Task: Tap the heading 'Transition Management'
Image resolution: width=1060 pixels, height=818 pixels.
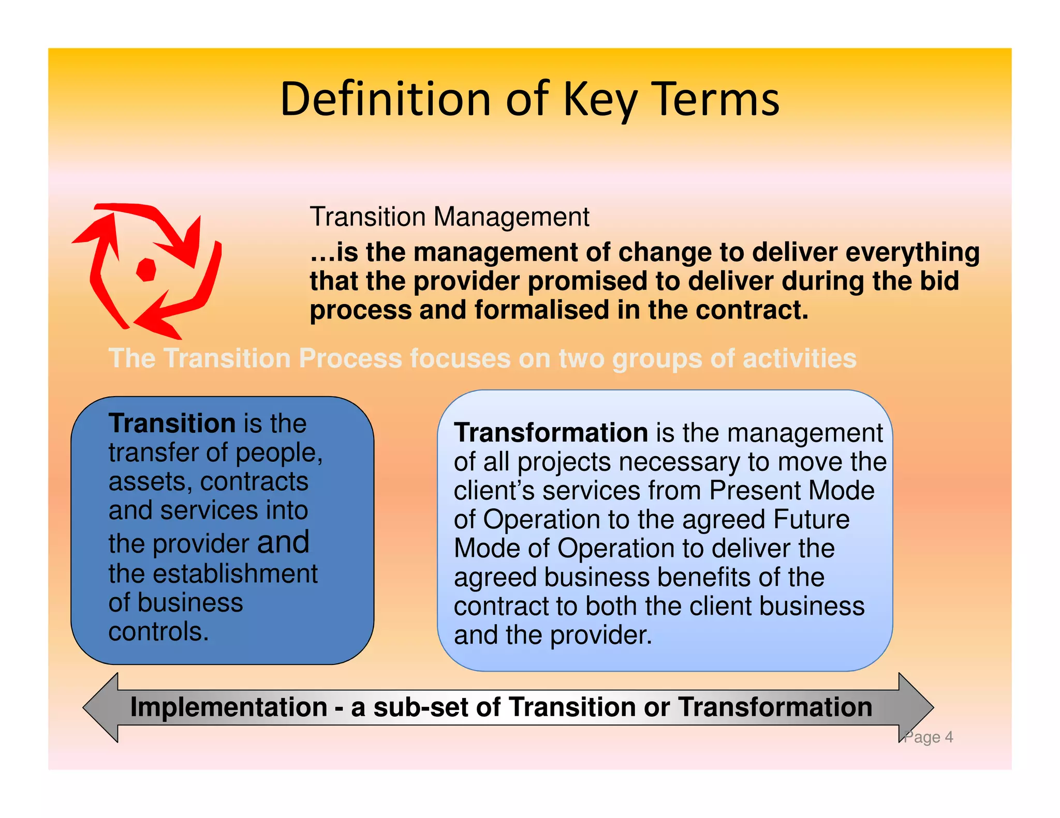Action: click(x=449, y=217)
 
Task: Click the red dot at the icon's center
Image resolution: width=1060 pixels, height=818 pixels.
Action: click(x=146, y=269)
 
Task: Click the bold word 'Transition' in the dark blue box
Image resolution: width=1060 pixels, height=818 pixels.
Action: click(x=172, y=423)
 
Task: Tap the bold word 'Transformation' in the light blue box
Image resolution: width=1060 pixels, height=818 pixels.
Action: click(x=551, y=432)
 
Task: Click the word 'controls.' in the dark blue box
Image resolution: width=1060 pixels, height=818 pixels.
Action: click(x=158, y=631)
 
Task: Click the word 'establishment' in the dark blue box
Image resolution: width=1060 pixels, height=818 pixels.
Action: click(x=235, y=573)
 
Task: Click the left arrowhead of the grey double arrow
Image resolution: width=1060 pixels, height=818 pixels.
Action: click(x=101, y=707)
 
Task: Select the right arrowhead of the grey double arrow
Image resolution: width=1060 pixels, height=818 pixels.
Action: click(x=916, y=707)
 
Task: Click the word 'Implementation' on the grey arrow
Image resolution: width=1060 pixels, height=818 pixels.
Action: click(x=228, y=707)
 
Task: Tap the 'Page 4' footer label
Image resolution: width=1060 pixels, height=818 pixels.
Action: click(x=929, y=737)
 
